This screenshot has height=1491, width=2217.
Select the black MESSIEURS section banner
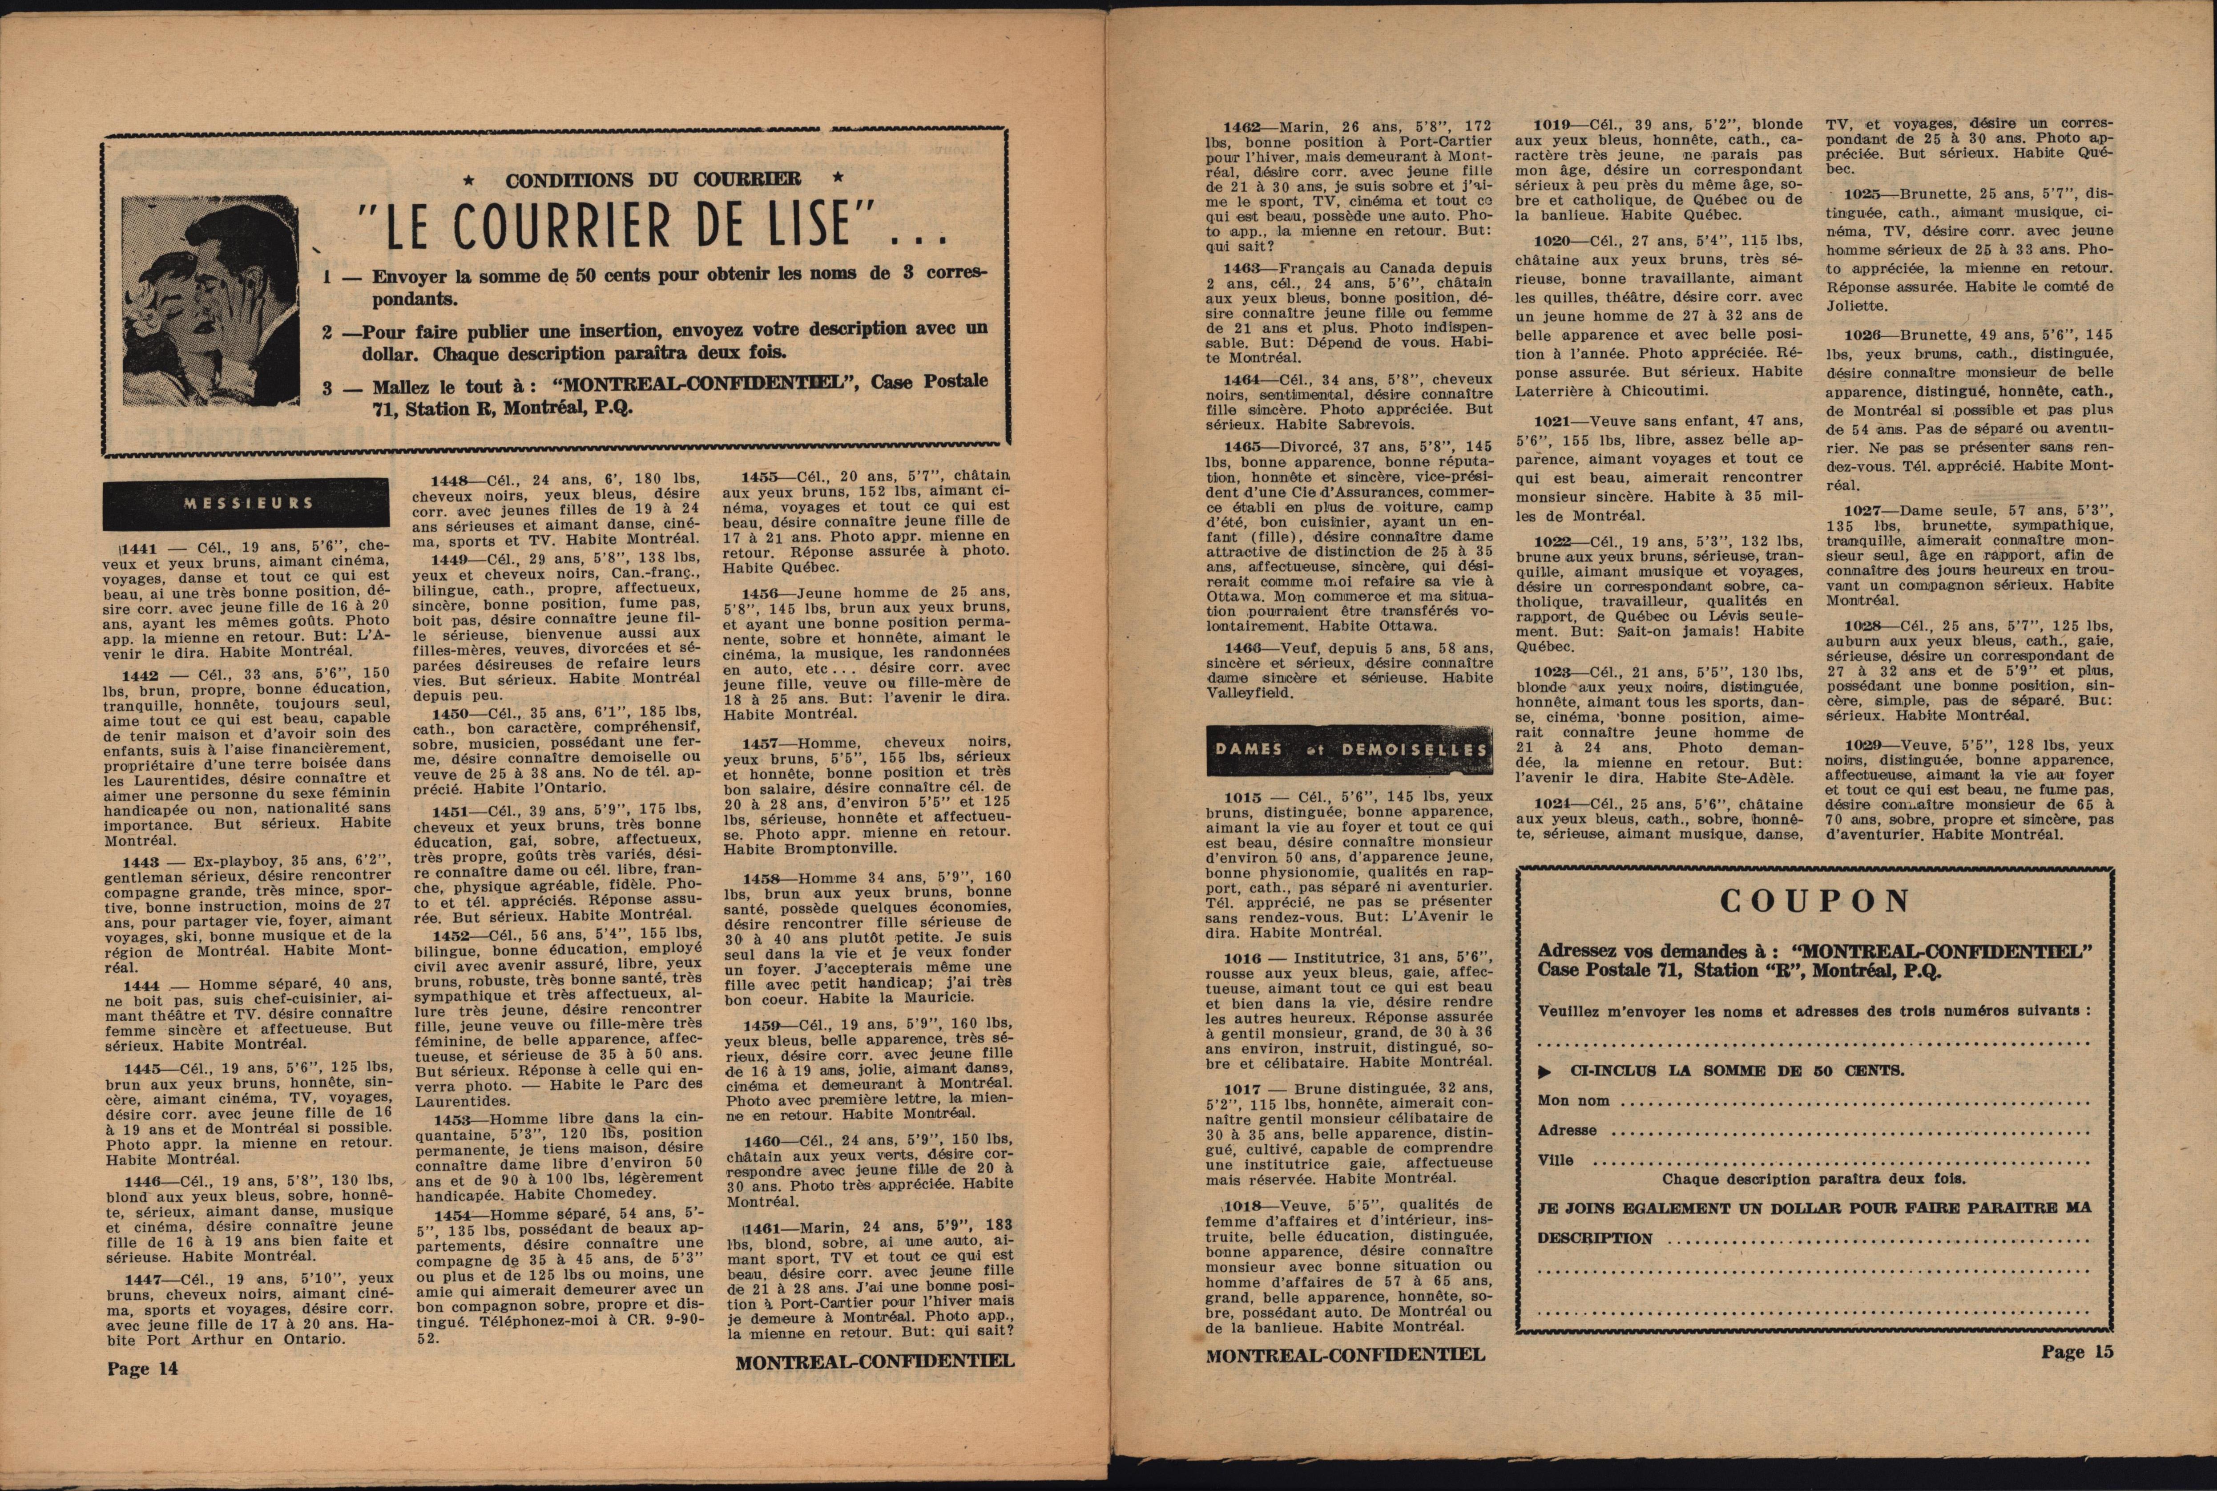(x=246, y=503)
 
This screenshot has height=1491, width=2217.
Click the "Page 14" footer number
(x=143, y=1368)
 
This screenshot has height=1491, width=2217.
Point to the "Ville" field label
(x=1555, y=1160)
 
